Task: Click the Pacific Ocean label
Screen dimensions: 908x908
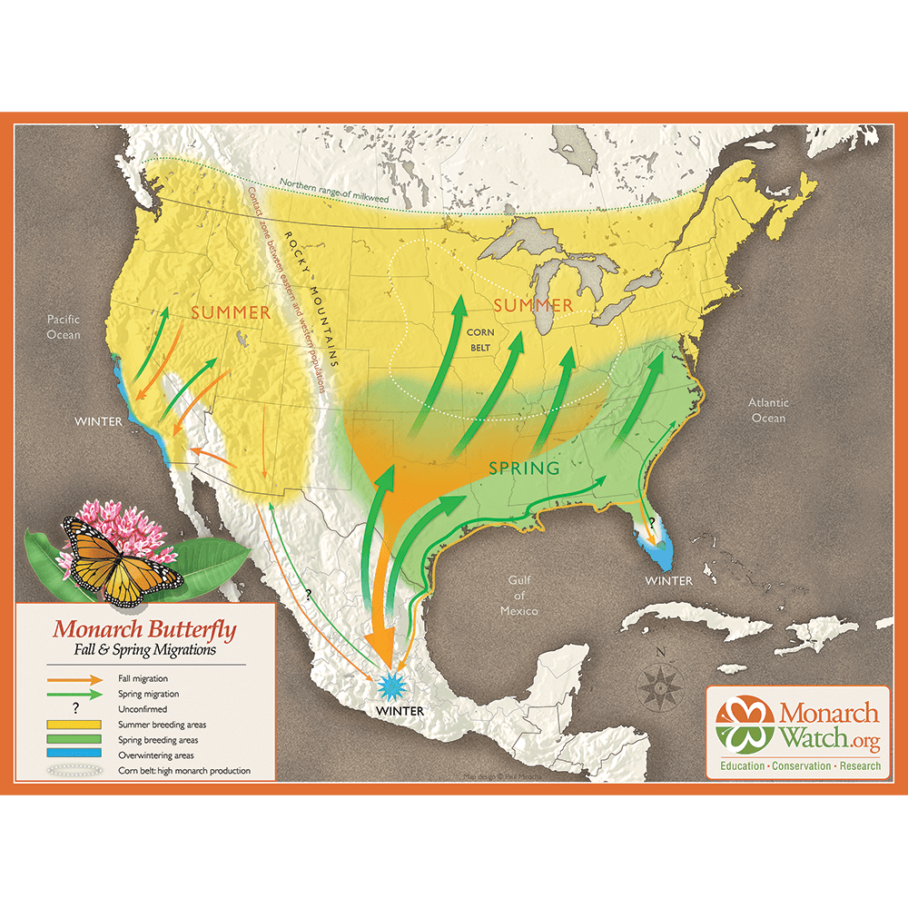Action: [64, 327]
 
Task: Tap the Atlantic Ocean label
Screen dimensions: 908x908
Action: [768, 410]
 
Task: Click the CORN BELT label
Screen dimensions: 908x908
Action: [481, 340]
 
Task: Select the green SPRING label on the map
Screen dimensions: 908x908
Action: [524, 469]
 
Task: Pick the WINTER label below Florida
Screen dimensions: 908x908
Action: [668, 581]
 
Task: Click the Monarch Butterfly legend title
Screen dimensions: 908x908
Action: [144, 628]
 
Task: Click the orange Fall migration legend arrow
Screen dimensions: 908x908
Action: [74, 678]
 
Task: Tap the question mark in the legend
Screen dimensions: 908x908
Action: [74, 708]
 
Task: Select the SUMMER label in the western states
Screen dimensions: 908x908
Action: [231, 313]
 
